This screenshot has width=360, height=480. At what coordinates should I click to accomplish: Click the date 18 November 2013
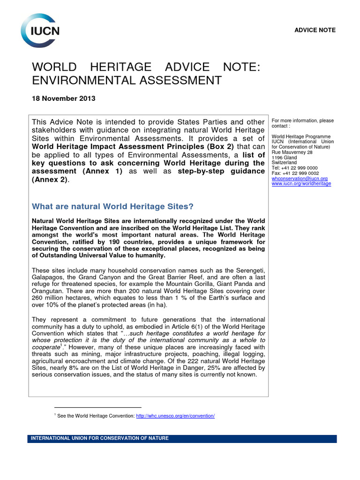63,98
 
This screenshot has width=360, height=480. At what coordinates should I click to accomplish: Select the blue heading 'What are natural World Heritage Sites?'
112,207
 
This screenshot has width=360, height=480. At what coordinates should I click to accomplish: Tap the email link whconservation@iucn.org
300,179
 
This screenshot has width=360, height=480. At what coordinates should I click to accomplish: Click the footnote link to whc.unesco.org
175,416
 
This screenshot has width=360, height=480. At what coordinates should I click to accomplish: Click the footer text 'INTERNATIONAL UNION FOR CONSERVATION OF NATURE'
99,438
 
